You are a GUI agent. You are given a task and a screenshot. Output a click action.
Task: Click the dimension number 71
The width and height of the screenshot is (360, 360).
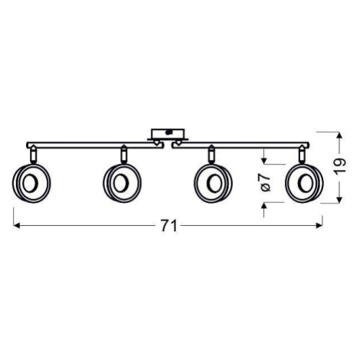pyautogui.click(x=169, y=226)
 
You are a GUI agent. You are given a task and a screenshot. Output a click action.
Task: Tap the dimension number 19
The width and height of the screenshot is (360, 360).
pyautogui.click(x=340, y=167)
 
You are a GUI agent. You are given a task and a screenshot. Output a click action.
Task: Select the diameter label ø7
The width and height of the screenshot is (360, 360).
pyautogui.click(x=266, y=182)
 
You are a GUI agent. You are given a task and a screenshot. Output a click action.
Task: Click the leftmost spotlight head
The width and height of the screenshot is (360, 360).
pyautogui.click(x=31, y=183)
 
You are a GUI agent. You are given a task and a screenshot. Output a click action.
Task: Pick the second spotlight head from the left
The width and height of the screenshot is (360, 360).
pyautogui.click(x=123, y=183)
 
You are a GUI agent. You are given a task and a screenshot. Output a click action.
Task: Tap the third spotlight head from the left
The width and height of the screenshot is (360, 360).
pyautogui.click(x=213, y=183)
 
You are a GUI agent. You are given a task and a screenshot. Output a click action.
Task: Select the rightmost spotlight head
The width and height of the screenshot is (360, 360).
pyautogui.click(x=305, y=183)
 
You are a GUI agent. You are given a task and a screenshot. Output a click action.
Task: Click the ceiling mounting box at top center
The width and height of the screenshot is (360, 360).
pyautogui.click(x=168, y=134)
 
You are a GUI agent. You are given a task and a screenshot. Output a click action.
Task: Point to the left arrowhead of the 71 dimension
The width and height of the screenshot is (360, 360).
pyautogui.click(x=16, y=226)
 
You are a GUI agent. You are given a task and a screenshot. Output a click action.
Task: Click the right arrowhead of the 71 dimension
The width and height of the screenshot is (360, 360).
pyautogui.click(x=319, y=226)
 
